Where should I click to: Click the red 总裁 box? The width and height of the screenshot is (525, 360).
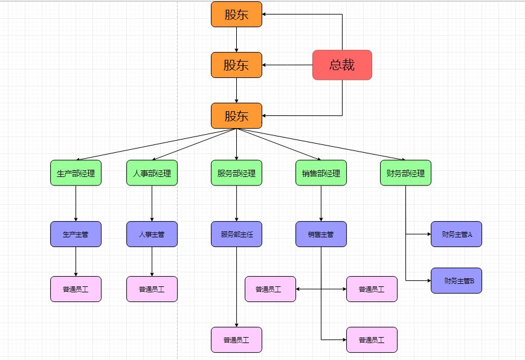pos(342,65)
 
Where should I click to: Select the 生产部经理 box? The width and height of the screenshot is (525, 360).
pos(76,173)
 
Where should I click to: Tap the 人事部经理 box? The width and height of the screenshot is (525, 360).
pos(152,173)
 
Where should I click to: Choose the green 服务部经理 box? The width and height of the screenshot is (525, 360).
pos(236,173)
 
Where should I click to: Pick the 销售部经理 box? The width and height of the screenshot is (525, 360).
pos(321,173)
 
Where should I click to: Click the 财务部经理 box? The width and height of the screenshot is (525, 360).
pos(405,173)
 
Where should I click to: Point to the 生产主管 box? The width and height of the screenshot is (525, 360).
pos(76,234)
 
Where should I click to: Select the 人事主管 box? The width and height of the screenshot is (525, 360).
pos(152,234)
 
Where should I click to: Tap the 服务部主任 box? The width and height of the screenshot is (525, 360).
pos(236,234)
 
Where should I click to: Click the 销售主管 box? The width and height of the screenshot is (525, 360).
pos(321,234)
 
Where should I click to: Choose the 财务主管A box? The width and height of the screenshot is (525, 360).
pos(456,234)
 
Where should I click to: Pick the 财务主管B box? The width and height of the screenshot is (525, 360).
pos(456,281)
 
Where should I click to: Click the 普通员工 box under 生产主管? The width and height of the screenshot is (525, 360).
pos(76,289)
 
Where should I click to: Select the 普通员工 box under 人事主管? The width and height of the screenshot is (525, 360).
pos(152,289)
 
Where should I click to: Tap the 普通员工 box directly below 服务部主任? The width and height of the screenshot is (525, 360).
pos(236,339)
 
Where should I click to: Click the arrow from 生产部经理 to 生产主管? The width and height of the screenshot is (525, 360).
pos(76,204)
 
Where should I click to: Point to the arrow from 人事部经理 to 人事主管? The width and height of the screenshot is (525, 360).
pos(152,204)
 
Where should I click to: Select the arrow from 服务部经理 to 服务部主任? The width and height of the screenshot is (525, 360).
pos(236,204)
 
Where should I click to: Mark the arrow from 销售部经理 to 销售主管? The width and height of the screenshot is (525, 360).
pos(321,204)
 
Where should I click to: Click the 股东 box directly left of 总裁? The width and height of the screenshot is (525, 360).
pos(236,65)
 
